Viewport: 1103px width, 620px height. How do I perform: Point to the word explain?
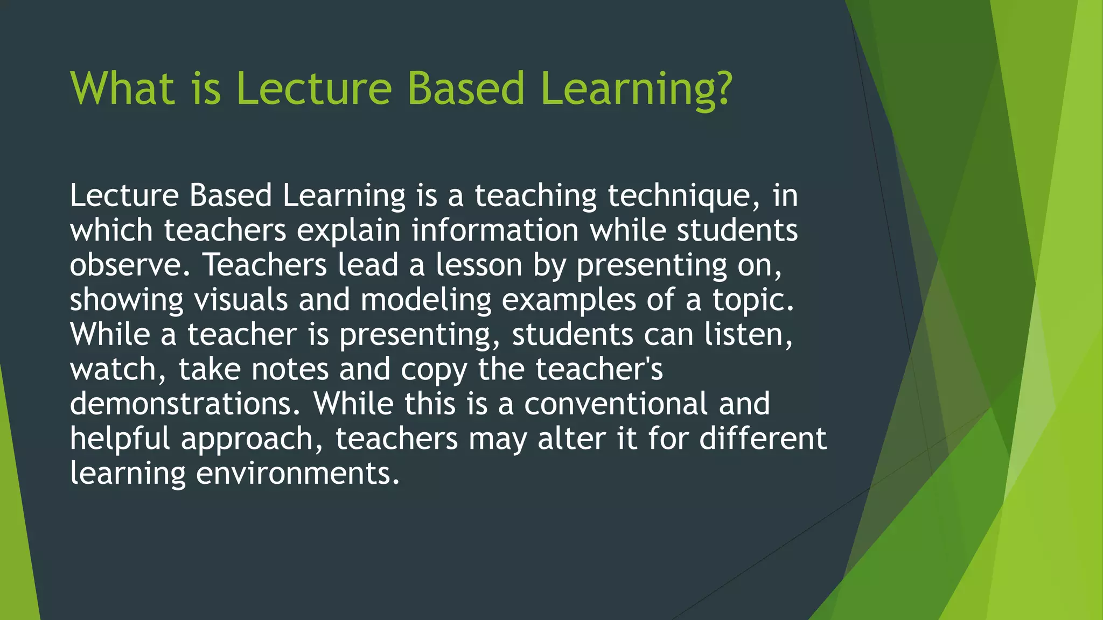349,231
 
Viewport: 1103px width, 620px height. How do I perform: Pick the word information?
495,231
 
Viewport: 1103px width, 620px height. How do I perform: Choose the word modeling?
426,300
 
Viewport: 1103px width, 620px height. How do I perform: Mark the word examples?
569,300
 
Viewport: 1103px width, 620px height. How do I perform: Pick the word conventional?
616,404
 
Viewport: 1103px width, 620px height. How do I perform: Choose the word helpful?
120,439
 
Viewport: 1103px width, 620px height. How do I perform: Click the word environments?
297,474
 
